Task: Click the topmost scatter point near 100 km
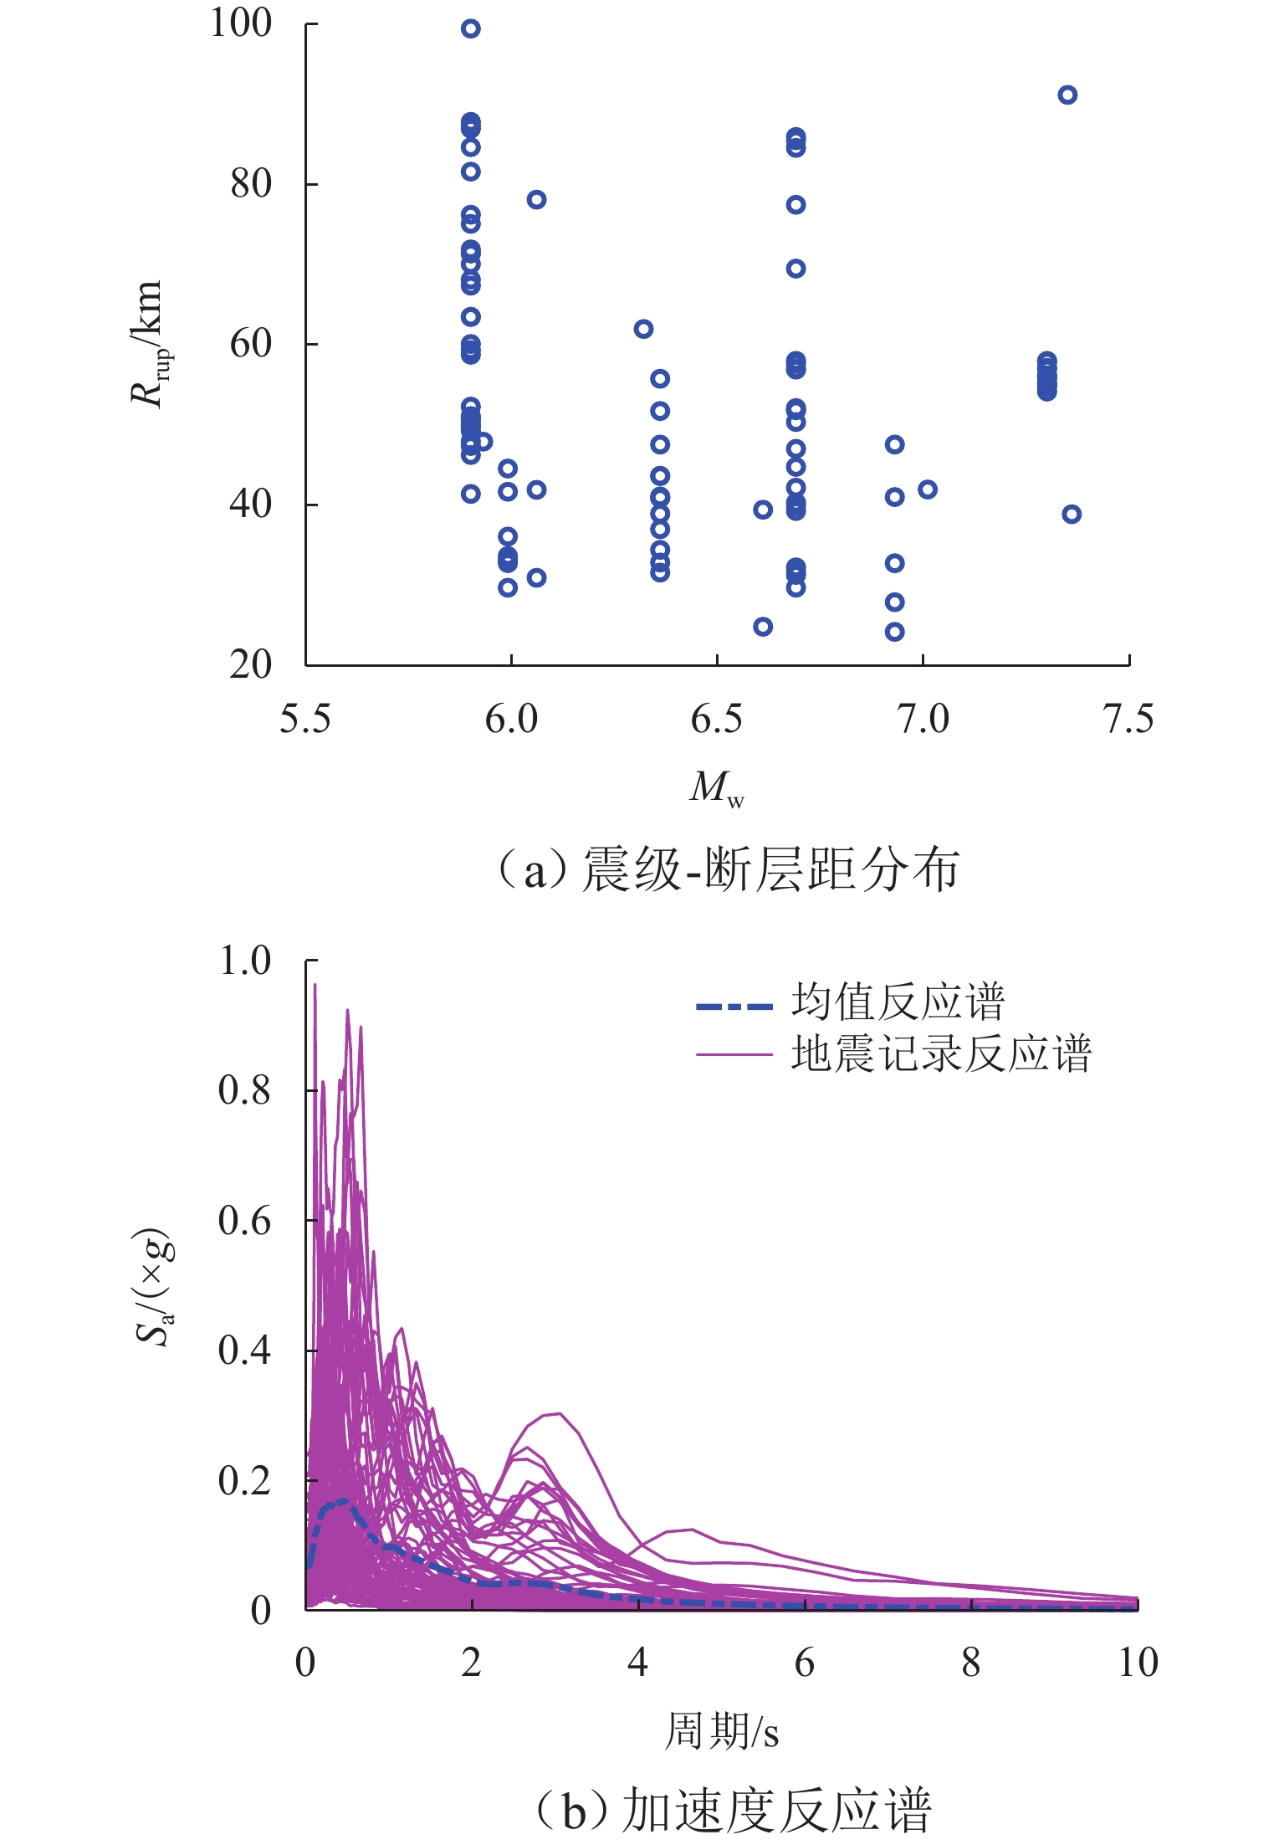(471, 29)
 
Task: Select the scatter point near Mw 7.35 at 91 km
(1067, 95)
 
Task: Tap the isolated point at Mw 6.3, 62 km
(643, 329)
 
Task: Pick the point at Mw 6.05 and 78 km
(537, 200)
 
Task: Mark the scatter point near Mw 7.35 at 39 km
(1072, 515)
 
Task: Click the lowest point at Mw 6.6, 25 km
(763, 627)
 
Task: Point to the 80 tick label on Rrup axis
(251, 184)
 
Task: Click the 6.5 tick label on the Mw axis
(716, 720)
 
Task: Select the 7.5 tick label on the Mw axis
(1128, 720)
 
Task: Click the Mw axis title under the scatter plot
(716, 788)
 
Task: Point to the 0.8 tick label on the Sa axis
(244, 1091)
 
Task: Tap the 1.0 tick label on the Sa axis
(244, 961)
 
